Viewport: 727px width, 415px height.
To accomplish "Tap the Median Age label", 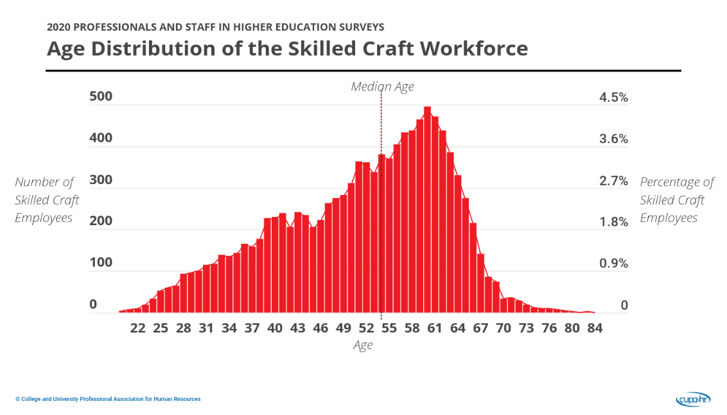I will [x=382, y=87].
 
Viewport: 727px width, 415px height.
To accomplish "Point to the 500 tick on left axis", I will [x=101, y=97].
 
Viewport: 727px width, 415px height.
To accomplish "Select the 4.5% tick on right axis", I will [x=613, y=97].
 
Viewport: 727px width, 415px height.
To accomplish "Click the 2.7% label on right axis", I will [x=613, y=181].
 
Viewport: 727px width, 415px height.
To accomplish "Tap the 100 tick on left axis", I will [x=101, y=262].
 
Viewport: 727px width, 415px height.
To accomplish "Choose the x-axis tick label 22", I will [x=137, y=328].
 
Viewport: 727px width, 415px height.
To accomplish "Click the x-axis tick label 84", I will [x=595, y=328].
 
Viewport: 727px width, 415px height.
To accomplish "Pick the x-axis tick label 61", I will [x=435, y=328].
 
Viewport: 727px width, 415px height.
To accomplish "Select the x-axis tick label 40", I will [x=275, y=328].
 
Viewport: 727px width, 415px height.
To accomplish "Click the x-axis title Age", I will [x=363, y=345].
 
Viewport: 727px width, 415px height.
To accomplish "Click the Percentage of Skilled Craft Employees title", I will [x=676, y=200].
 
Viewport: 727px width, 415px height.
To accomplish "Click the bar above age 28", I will [x=184, y=293].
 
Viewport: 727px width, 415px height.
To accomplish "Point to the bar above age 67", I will [x=480, y=284].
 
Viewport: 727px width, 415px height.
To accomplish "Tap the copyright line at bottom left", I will [x=108, y=399].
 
